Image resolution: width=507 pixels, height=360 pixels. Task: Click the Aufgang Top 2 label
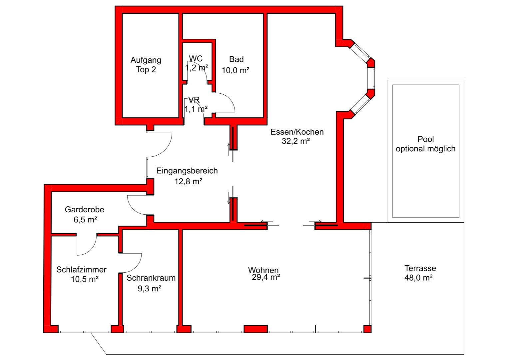(x=146, y=65)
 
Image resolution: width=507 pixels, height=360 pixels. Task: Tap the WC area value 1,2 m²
(x=197, y=68)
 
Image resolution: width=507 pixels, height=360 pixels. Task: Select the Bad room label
(x=236, y=59)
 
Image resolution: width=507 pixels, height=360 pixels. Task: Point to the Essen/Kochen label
(x=297, y=132)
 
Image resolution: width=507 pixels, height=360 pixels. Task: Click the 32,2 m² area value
(x=295, y=141)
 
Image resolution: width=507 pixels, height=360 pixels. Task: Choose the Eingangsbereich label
(x=187, y=171)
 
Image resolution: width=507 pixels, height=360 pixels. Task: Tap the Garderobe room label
(x=84, y=210)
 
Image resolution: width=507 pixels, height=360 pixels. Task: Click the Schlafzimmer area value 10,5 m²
(x=85, y=279)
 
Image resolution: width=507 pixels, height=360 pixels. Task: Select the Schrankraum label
(x=151, y=278)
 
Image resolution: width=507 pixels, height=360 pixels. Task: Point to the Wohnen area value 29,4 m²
(x=266, y=277)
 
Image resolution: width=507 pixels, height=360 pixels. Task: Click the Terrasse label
(x=420, y=268)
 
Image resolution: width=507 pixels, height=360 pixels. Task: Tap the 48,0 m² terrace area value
(x=418, y=278)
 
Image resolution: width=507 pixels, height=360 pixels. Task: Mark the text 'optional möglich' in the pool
(x=425, y=149)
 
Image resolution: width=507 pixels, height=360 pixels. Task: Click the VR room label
(x=194, y=100)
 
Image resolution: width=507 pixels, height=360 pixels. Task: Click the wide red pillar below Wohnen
(x=255, y=329)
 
